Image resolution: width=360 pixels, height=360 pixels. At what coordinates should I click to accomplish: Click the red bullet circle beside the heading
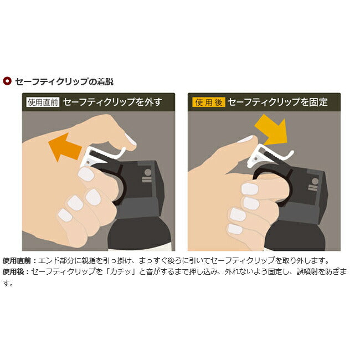7,81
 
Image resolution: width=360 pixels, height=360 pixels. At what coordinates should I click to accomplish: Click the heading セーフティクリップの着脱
64,81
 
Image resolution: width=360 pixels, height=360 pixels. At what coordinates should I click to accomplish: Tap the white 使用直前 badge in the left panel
43,102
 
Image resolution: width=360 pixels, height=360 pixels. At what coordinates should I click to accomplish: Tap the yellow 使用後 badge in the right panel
209,102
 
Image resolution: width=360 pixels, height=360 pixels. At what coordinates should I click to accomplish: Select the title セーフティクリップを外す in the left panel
112,102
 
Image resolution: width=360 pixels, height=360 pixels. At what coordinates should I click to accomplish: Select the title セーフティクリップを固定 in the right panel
278,102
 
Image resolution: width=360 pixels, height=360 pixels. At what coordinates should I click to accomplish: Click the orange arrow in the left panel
65,147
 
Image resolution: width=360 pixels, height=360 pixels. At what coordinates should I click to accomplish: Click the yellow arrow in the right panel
271,130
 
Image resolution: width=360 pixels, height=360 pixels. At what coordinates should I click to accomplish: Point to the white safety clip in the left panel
101,156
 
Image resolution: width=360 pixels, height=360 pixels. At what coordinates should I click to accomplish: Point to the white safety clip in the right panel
269,155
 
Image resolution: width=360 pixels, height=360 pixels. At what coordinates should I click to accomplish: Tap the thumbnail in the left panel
130,140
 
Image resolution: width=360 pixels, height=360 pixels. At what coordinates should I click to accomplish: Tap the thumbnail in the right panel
246,139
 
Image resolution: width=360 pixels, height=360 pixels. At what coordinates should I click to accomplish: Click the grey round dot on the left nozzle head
148,172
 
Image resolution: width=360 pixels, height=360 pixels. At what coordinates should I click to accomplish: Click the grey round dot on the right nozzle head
315,181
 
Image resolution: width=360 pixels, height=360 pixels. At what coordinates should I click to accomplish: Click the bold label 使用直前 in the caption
17,261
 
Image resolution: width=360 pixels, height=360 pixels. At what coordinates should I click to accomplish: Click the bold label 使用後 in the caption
13,271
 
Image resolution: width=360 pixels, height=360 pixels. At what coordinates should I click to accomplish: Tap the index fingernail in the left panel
86,174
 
